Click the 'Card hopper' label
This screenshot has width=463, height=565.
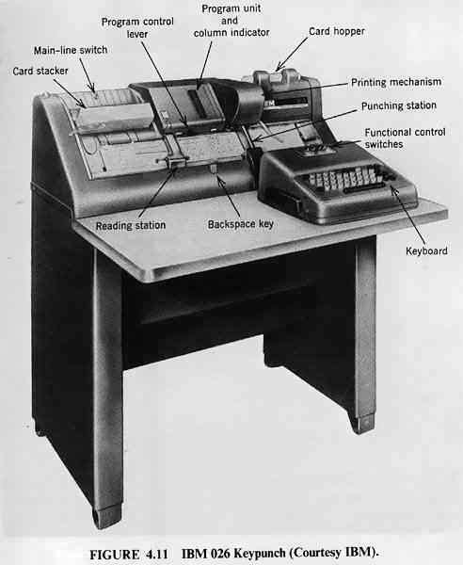(x=337, y=32)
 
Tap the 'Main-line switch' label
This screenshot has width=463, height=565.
(x=71, y=50)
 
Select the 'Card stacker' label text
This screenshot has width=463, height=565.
(x=40, y=71)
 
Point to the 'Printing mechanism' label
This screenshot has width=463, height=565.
(x=396, y=83)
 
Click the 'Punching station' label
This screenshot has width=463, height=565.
(x=399, y=105)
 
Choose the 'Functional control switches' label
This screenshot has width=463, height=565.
(x=405, y=138)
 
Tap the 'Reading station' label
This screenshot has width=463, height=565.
(x=131, y=226)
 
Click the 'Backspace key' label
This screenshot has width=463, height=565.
(x=241, y=224)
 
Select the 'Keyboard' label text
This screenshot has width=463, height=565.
(x=426, y=251)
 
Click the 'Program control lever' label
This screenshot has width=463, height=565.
(x=137, y=27)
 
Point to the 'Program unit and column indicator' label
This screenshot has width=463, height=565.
(x=231, y=21)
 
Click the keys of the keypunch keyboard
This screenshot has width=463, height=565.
(x=343, y=178)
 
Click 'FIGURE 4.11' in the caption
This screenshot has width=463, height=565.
(x=129, y=554)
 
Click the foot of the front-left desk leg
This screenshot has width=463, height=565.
(x=107, y=517)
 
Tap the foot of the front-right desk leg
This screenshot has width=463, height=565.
(x=362, y=424)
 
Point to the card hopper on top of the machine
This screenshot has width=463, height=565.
(x=278, y=77)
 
